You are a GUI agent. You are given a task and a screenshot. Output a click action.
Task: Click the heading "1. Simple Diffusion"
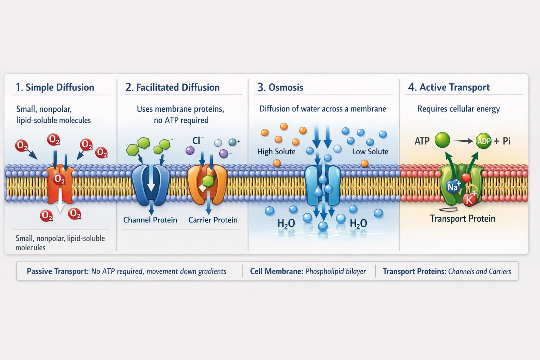click(x=55, y=87)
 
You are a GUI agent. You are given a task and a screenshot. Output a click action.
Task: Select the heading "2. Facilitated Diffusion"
click(x=173, y=87)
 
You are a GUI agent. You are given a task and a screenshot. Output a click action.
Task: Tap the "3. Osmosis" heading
click(x=280, y=87)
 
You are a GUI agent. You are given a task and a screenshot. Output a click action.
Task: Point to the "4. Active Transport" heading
click(x=449, y=87)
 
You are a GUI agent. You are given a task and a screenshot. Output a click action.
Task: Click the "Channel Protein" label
click(x=150, y=220)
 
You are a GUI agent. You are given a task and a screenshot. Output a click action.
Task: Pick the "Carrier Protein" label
click(x=213, y=220)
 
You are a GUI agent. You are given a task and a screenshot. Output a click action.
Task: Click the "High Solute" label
click(x=276, y=152)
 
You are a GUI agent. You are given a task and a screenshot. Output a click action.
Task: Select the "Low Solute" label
click(x=370, y=152)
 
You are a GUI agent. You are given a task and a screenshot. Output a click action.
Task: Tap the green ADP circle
click(x=484, y=141)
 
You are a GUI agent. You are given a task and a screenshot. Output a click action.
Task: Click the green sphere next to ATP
click(x=442, y=140)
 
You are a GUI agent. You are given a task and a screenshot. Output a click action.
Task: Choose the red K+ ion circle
click(x=469, y=200)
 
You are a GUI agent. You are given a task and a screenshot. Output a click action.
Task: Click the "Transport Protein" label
click(x=462, y=218)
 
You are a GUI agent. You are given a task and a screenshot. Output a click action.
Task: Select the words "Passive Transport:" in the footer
click(x=58, y=271)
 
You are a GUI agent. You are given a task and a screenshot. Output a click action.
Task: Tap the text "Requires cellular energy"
click(x=458, y=109)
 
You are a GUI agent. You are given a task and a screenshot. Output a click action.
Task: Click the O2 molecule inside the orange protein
click(x=59, y=180)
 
